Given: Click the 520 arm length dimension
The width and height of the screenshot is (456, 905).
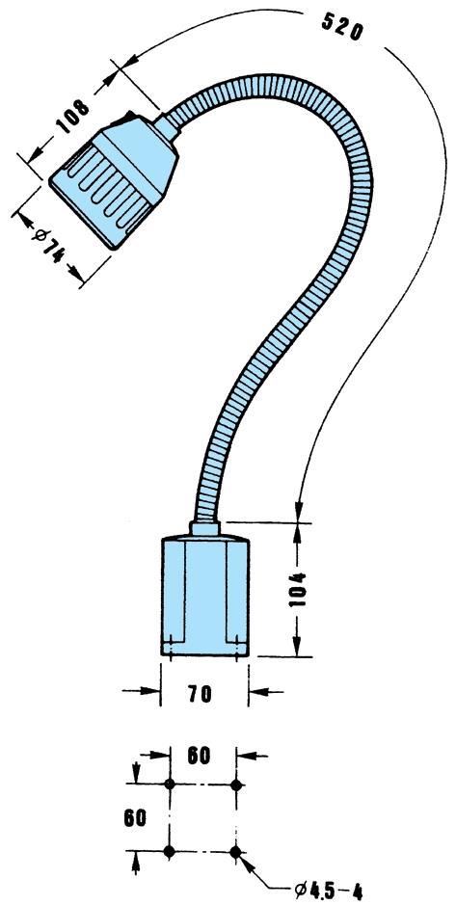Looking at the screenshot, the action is click(x=341, y=26).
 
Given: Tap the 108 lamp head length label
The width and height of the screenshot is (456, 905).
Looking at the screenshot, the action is click(x=73, y=117).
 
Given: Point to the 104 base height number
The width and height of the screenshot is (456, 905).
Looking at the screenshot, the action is click(x=299, y=590).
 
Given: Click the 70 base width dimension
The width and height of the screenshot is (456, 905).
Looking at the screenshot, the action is click(x=200, y=693).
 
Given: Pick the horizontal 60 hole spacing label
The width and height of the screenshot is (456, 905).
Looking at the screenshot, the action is click(x=198, y=755).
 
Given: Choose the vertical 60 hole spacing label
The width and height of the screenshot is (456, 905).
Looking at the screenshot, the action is click(x=134, y=817).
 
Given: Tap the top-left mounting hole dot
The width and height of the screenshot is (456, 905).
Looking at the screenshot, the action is click(x=170, y=784).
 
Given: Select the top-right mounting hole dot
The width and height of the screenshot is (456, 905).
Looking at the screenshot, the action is click(x=235, y=785).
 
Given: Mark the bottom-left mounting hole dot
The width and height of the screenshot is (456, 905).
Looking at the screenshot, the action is click(x=169, y=851).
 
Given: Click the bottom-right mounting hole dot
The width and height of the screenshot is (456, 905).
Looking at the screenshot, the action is click(x=235, y=851).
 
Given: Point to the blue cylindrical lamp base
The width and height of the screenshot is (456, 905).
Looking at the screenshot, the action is click(x=204, y=596).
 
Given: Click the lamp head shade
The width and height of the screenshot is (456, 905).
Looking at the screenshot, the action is click(x=113, y=180).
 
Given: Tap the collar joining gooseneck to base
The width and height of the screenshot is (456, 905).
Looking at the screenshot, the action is click(x=205, y=528).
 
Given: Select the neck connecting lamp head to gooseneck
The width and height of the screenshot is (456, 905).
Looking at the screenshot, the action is click(x=168, y=126).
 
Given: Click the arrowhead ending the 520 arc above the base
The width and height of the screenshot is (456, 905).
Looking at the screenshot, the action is click(x=299, y=512).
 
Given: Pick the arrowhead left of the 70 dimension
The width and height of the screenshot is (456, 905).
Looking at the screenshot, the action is click(x=148, y=691).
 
